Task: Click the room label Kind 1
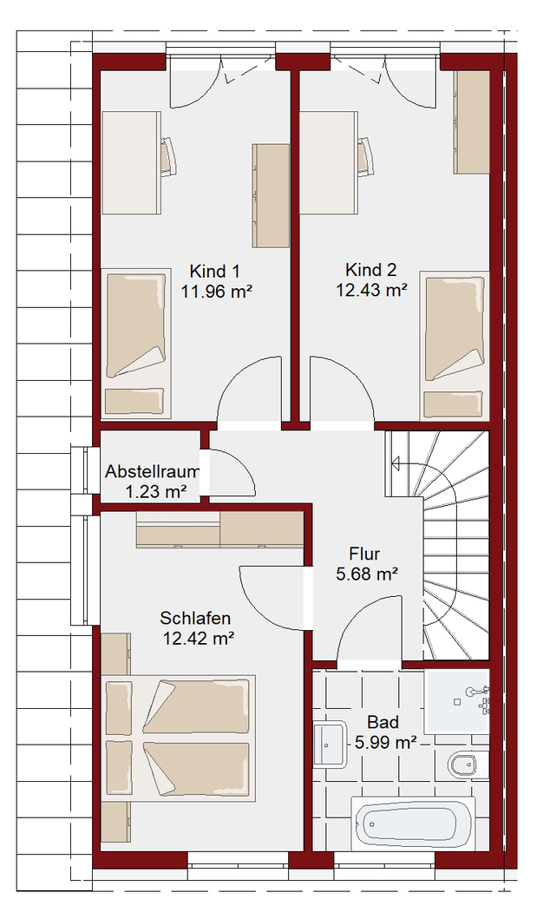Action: (215, 271)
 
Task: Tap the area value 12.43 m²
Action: (371, 290)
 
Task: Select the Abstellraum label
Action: (153, 472)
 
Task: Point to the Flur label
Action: (364, 554)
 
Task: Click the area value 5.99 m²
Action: (385, 743)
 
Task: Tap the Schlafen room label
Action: (195, 618)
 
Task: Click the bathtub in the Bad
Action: (412, 824)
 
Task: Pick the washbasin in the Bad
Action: (330, 744)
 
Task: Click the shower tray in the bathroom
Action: (457, 701)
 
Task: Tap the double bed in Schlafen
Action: (179, 739)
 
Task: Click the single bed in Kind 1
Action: (136, 343)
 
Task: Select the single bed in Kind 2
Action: (455, 345)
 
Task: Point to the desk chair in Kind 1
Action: (167, 155)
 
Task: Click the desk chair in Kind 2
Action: (366, 154)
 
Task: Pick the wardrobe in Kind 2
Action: (471, 122)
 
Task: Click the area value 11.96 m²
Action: (218, 292)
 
